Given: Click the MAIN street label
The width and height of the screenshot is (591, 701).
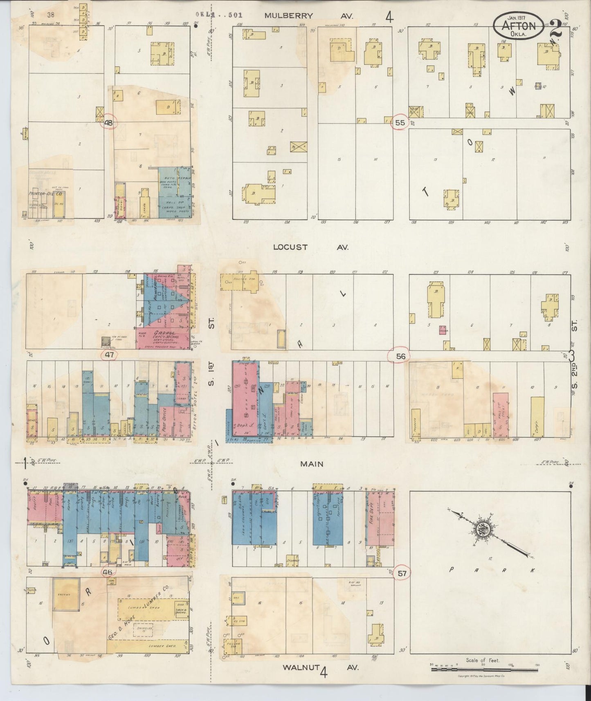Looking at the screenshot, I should tap(312, 464).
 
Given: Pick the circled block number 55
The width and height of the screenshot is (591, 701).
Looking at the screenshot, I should tap(400, 122).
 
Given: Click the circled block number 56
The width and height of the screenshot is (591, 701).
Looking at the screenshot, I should tap(400, 357).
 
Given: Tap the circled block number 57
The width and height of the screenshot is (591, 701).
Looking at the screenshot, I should tap(402, 573).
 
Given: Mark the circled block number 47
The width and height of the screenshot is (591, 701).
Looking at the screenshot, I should tap(109, 355).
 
